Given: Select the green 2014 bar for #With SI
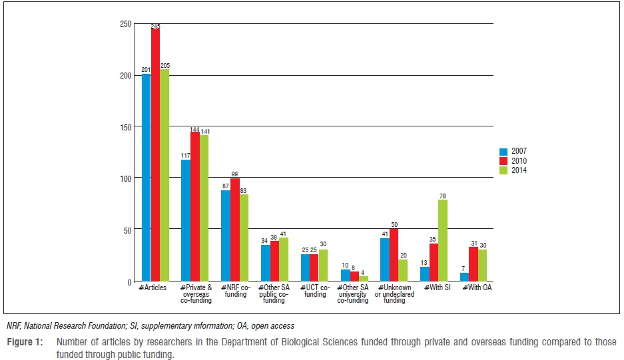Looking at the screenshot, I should pos(443,240).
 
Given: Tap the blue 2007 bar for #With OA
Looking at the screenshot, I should pos(464,277).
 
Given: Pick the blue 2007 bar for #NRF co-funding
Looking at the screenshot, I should pos(226,236).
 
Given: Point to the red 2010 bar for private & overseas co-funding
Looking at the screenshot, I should pos(195,206).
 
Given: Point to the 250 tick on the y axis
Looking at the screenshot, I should pos(125,24).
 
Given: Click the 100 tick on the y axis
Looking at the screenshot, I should pos(125,178).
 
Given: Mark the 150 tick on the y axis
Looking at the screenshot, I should pos(125,126).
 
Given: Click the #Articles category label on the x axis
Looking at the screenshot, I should pos(152,287).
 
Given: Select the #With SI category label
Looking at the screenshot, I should pos(433,287).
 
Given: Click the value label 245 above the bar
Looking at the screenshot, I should pos(155,26).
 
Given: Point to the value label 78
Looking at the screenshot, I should pos(443,196).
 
